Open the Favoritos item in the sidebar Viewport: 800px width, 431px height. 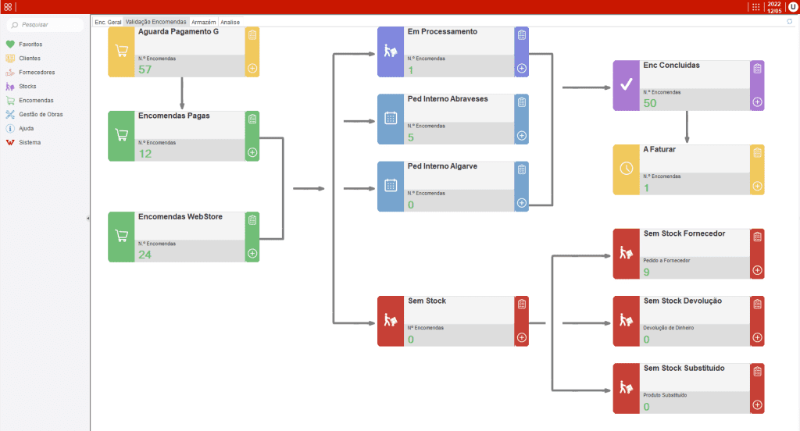tap(31, 45)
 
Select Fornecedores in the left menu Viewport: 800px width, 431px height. tap(37, 73)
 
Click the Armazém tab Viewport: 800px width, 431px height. tap(204, 23)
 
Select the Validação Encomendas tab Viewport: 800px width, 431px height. tap(157, 23)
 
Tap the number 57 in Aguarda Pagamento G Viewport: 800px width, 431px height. tap(145, 69)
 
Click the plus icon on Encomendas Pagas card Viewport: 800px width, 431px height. tap(252, 152)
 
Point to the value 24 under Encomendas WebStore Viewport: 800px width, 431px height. tap(145, 255)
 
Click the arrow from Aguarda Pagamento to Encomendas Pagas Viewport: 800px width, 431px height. tap(182, 93)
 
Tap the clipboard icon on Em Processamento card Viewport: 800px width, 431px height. tap(522, 35)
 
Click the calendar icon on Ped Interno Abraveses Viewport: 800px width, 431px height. tap(391, 119)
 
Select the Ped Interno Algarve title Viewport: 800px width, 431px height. tap(442, 166)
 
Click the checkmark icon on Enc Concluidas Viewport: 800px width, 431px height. tap(627, 85)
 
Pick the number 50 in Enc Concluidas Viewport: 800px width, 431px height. tap(650, 103)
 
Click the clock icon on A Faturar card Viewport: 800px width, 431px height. tap(627, 169)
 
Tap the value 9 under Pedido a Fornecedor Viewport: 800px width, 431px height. tap(646, 272)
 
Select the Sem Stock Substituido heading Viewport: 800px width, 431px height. tap(684, 368)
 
